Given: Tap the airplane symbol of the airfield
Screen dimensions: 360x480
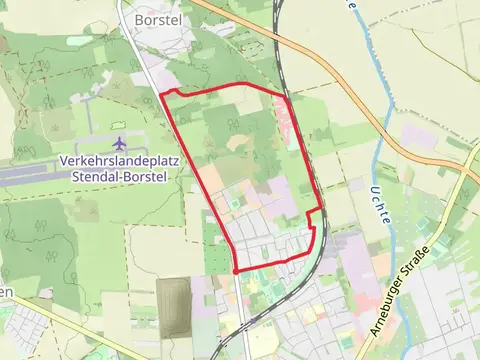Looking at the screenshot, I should (122, 145).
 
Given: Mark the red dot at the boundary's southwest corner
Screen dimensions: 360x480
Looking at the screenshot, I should (235, 271).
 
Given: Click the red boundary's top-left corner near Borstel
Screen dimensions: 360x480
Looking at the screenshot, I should (163, 95).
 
